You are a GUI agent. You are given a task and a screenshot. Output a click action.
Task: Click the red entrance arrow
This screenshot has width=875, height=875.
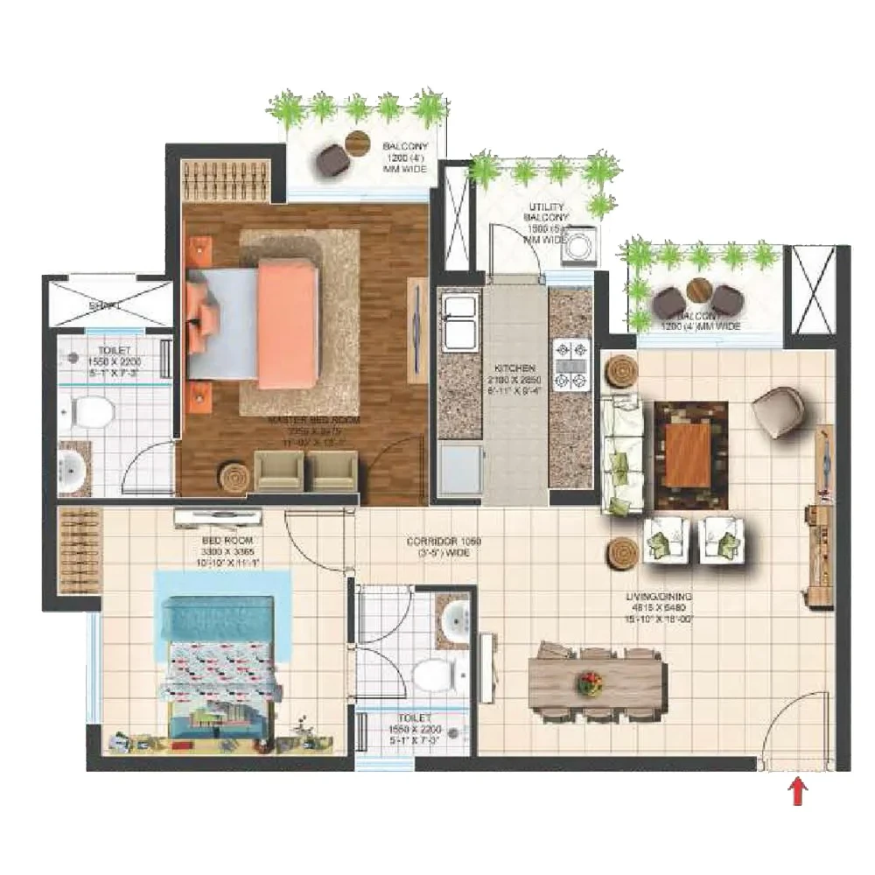(797, 793)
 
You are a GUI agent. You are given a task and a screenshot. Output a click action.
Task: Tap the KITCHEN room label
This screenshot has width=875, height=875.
(507, 369)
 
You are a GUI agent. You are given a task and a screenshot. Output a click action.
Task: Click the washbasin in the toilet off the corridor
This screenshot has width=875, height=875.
(455, 622)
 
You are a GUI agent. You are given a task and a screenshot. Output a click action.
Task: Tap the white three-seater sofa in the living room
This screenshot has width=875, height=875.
(622, 454)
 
